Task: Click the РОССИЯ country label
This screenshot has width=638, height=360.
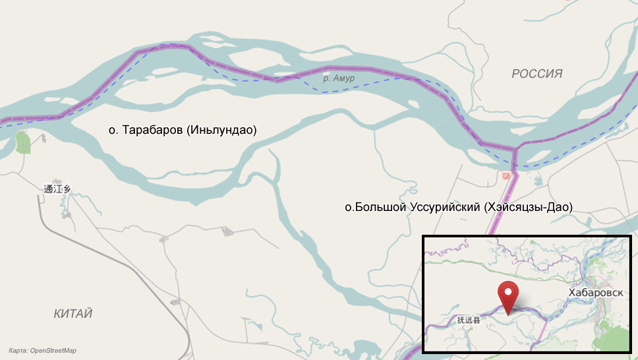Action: pyautogui.click(x=537, y=74)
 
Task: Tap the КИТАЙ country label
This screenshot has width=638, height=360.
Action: pyautogui.click(x=73, y=314)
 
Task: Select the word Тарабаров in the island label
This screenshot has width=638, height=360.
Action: pyautogui.click(x=152, y=131)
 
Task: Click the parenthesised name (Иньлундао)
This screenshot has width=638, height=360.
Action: pyautogui.click(x=221, y=131)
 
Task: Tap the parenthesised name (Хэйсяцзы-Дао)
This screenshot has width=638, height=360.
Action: pyautogui.click(x=528, y=207)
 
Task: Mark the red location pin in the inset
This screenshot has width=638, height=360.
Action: pyautogui.click(x=507, y=295)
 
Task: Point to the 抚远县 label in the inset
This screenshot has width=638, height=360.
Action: pyautogui.click(x=469, y=320)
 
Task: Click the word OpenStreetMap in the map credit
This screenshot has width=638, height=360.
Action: pyautogui.click(x=53, y=351)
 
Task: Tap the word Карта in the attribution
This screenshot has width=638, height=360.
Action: pyautogui.click(x=18, y=351)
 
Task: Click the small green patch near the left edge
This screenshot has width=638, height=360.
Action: pyautogui.click(x=23, y=142)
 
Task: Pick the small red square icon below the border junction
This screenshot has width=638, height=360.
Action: pyautogui.click(x=506, y=175)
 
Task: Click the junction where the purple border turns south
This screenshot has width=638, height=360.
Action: pyautogui.click(x=514, y=151)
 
